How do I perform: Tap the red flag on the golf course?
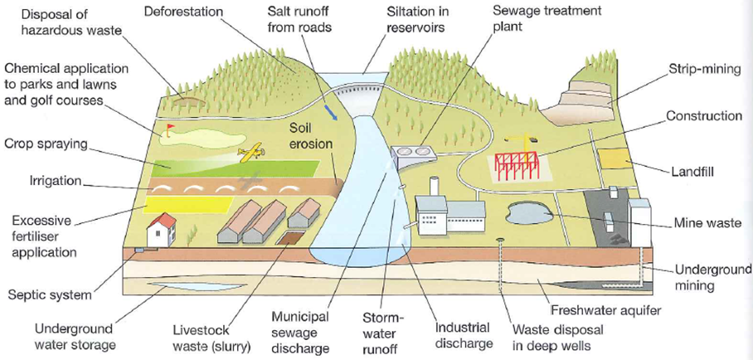click(x=170, y=129)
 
